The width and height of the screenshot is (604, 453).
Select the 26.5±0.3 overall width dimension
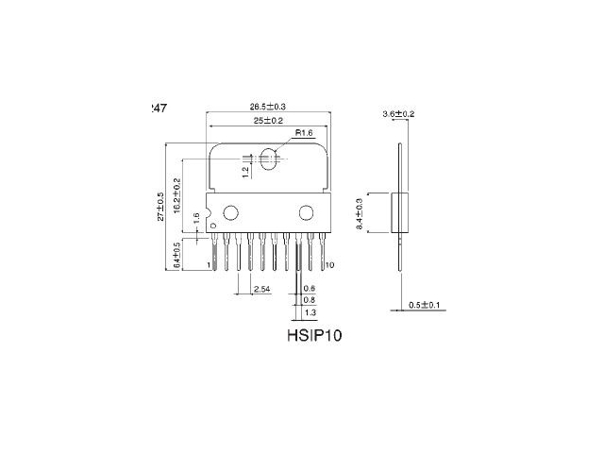(x=268, y=107)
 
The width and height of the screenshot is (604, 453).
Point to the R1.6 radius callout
(x=304, y=133)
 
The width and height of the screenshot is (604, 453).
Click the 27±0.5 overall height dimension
(x=160, y=206)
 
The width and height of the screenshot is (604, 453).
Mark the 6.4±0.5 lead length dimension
(x=177, y=256)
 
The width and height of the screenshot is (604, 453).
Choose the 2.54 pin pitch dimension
(x=263, y=288)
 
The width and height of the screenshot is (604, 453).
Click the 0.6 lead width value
(x=310, y=288)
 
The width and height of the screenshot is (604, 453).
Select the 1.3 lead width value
(x=310, y=310)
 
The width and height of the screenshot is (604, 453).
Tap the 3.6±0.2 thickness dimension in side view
(x=399, y=113)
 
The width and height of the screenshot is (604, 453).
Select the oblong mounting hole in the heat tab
(x=268, y=159)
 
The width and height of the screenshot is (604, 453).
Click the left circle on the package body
(x=229, y=211)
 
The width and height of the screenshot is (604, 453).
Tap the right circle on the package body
(x=306, y=211)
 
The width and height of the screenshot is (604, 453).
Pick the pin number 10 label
(x=329, y=265)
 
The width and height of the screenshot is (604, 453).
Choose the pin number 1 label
(x=208, y=266)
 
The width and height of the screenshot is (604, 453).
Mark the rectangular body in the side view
(x=399, y=212)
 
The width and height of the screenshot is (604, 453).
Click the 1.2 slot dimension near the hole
(x=244, y=171)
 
